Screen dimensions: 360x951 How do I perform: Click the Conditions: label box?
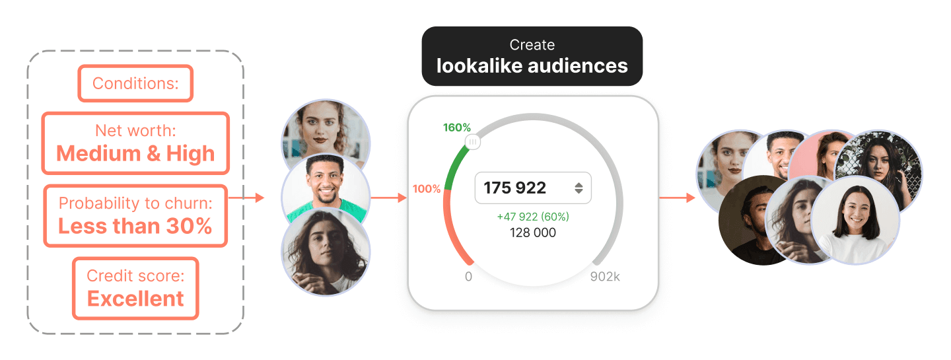click(x=135, y=83)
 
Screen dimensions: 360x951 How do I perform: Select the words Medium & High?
click(x=135, y=153)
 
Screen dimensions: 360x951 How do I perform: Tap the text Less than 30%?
click(x=135, y=226)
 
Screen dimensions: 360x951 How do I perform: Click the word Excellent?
click(x=135, y=299)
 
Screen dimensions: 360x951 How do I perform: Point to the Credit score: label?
click(x=135, y=275)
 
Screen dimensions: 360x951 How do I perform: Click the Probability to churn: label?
click(x=135, y=203)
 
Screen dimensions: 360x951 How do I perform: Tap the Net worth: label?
click(x=135, y=130)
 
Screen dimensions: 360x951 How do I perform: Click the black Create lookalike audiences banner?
click(x=532, y=56)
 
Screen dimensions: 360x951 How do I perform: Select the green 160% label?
click(x=457, y=127)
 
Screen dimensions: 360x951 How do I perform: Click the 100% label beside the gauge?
click(x=427, y=189)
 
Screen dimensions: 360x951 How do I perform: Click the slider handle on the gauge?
click(x=473, y=141)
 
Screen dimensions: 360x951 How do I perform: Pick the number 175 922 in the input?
click(x=515, y=188)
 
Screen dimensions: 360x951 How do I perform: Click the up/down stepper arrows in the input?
click(x=579, y=188)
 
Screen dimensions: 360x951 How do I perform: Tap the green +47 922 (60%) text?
click(x=533, y=217)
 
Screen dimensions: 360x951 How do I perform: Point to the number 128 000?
click(x=533, y=233)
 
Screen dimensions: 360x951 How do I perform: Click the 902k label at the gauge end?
click(x=605, y=277)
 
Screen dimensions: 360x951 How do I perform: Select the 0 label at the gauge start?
click(x=468, y=277)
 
